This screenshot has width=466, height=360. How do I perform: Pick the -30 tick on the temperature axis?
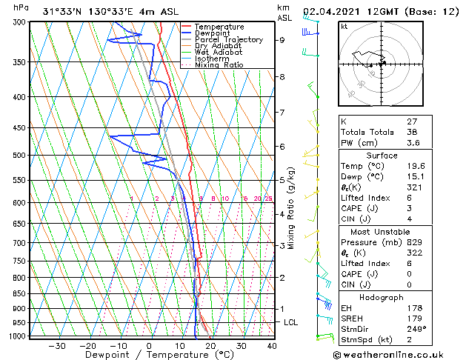point(56,346)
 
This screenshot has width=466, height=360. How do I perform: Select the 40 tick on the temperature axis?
point(272,346)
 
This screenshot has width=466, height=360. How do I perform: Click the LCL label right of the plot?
point(291,322)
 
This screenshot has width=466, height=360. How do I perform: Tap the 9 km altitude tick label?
point(282,40)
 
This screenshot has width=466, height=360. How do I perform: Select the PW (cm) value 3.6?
point(413,143)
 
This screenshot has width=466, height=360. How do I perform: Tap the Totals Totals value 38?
point(413,132)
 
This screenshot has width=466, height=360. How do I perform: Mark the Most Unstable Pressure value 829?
point(416,242)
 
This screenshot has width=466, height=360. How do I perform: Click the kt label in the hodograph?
point(344,26)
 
